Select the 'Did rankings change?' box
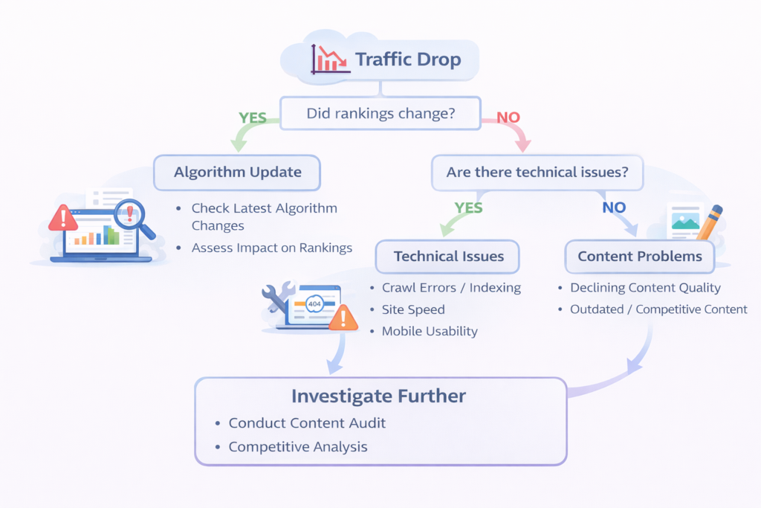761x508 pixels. click(381, 114)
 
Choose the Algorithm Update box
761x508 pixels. click(237, 172)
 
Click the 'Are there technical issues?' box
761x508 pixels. click(537, 172)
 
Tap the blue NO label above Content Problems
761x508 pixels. click(613, 208)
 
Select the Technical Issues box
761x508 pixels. click(448, 257)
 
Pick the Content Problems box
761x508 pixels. click(639, 257)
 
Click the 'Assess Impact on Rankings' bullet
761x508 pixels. click(271, 248)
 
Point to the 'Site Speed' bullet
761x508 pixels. click(413, 309)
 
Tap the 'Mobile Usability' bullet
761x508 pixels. click(430, 331)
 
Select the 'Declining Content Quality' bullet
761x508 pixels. click(645, 288)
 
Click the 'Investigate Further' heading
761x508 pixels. click(378, 396)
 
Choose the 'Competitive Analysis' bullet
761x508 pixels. click(297, 447)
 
